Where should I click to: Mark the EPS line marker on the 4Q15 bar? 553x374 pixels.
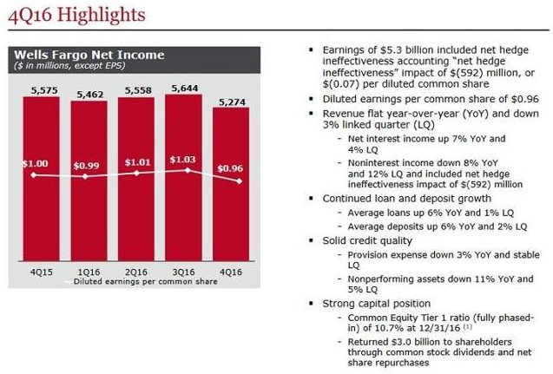33,175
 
